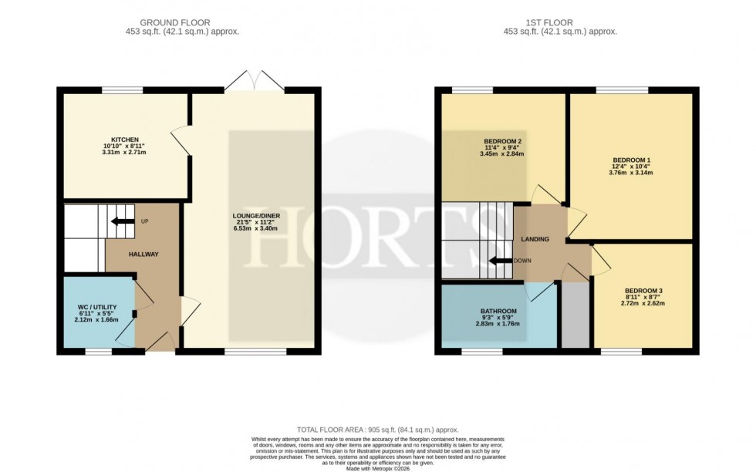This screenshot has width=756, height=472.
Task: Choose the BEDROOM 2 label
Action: (503, 141)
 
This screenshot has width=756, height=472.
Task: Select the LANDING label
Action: (535, 239)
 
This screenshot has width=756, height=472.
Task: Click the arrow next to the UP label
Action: (121, 221)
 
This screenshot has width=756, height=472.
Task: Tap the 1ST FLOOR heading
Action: (560, 22)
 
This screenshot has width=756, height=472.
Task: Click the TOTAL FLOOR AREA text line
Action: (377, 429)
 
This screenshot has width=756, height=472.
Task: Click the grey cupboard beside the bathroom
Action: (573, 315)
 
